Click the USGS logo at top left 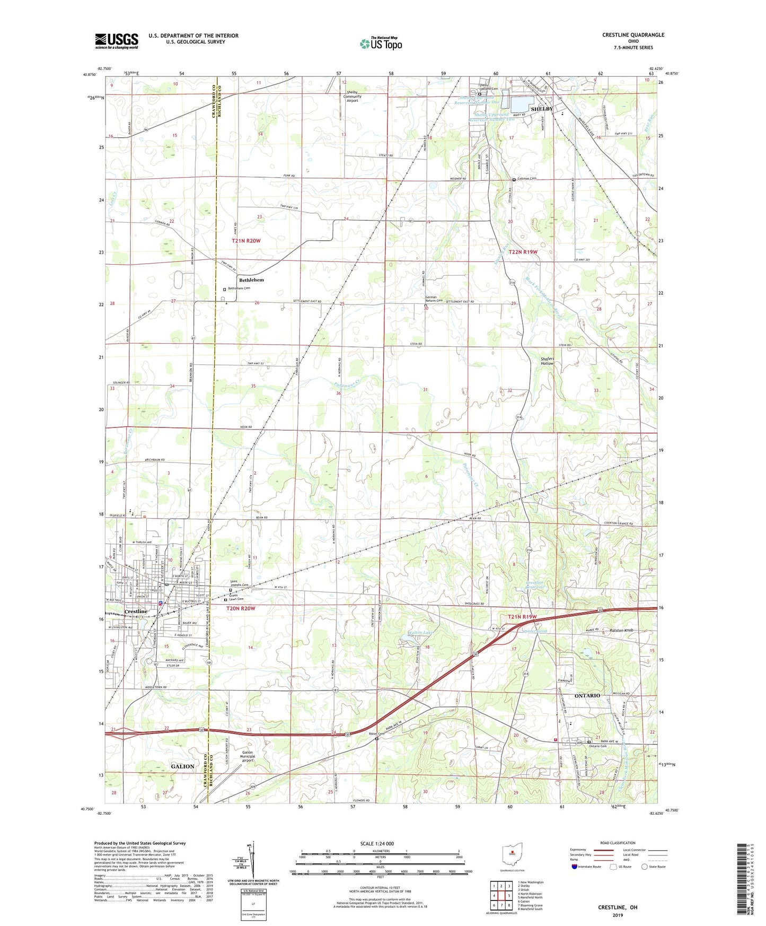click(116, 41)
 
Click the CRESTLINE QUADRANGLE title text click(632, 35)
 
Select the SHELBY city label click(541, 109)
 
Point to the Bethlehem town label click(251, 280)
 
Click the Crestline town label click(136, 611)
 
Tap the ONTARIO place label click(587, 695)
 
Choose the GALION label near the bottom click(182, 766)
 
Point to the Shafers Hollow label click(547, 361)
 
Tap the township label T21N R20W click(246, 241)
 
